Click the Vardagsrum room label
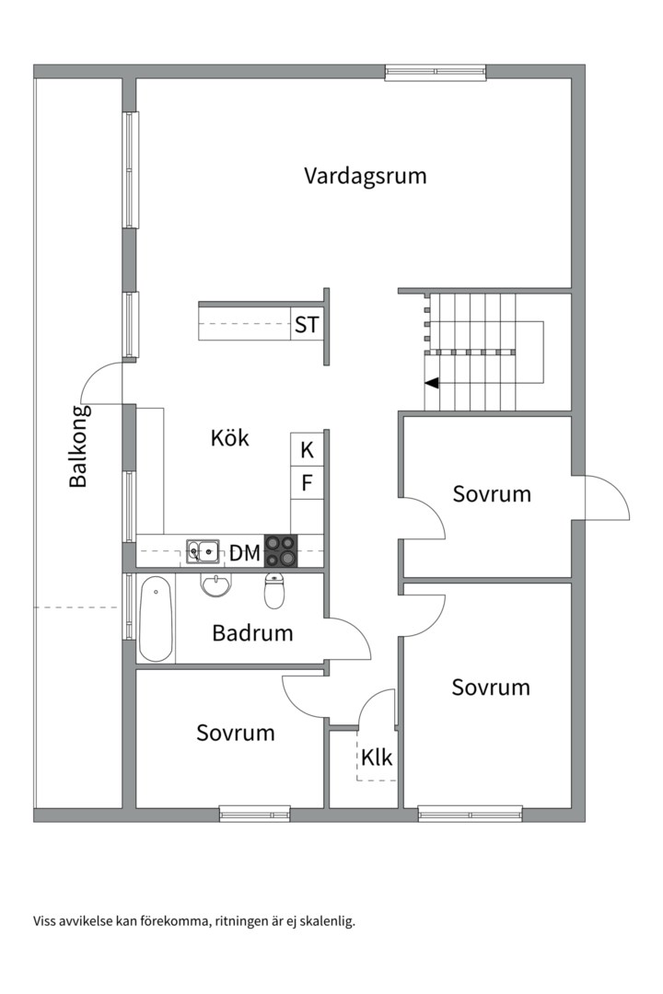366,176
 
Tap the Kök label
229,438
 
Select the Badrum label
252,633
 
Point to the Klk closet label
377,758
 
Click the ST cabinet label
307,325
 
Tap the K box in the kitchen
307,450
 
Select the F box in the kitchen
307,483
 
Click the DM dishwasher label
244,553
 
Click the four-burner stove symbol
282,550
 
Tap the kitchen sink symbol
203,551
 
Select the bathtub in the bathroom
156,618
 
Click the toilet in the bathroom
274,591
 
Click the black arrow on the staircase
431,383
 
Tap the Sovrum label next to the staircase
492,494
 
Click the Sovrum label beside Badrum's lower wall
236,733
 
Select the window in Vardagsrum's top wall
435,71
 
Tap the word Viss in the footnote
45,920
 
